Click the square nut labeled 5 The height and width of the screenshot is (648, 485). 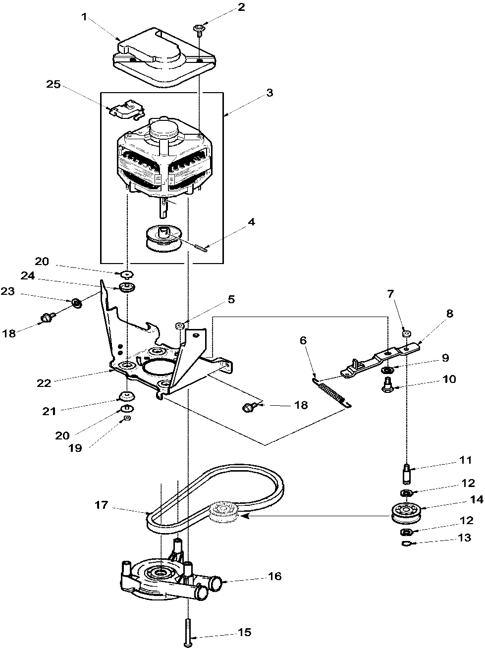181,325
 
